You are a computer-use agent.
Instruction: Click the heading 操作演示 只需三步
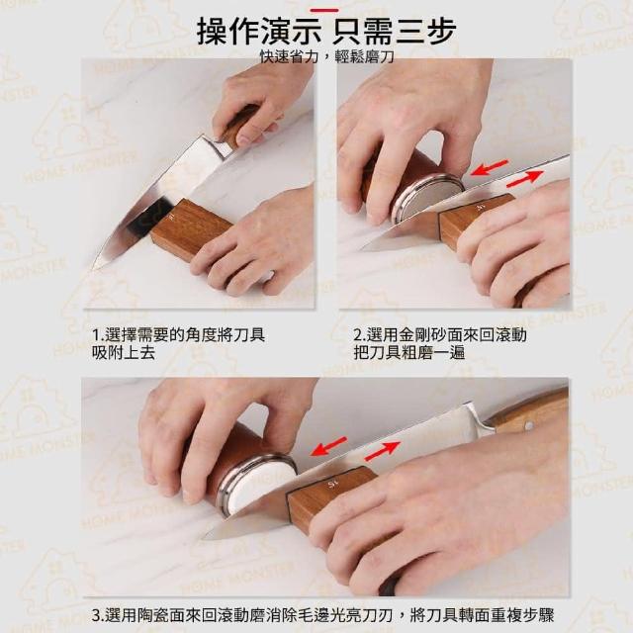coord(326,32)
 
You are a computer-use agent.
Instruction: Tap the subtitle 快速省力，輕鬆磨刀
coord(327,57)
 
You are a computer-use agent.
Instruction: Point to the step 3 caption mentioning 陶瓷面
coord(323,615)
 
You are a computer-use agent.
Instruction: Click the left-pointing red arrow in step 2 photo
coord(490,167)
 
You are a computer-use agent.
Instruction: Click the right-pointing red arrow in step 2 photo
coord(524,178)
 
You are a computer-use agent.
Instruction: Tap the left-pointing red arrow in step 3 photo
coord(329,446)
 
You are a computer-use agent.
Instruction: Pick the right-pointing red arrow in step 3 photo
coord(382,451)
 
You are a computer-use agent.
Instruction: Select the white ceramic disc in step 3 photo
coord(258,486)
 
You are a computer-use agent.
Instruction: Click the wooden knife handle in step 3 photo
coord(529,411)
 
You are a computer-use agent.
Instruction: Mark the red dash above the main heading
coord(323,10)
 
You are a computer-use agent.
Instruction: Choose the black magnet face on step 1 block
coord(147,218)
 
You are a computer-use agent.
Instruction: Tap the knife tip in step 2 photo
coord(362,248)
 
